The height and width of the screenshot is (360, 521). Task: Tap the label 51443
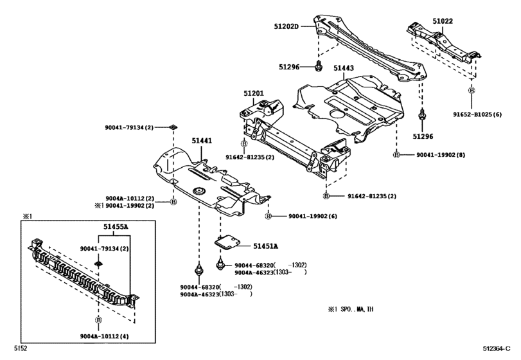[x=344, y=67]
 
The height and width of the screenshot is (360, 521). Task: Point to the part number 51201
[x=253, y=93]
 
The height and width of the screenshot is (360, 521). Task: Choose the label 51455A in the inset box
[x=116, y=227]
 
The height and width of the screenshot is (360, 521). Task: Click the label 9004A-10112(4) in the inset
[x=104, y=335]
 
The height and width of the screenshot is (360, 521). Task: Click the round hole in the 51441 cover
[x=199, y=190]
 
